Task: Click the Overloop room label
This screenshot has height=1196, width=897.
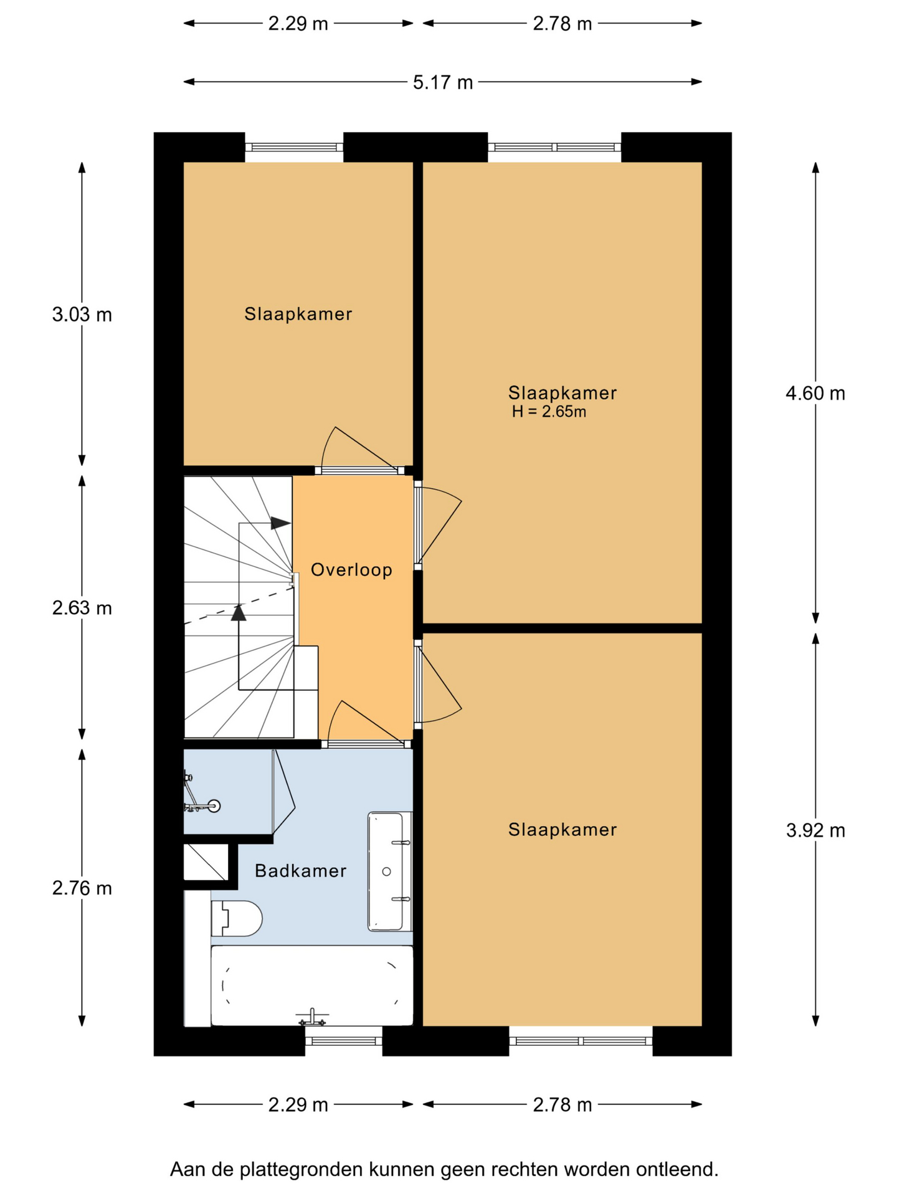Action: point(351,570)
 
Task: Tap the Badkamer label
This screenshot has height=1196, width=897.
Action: point(300,870)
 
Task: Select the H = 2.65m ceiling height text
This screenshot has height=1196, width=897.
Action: point(549,412)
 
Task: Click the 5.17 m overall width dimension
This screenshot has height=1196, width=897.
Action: point(443,82)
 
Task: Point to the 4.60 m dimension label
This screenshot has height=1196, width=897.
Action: point(815,393)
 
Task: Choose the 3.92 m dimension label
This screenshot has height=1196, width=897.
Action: point(815,830)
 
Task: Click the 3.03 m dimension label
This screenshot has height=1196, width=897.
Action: point(82,315)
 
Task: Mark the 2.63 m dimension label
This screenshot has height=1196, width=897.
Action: point(82,608)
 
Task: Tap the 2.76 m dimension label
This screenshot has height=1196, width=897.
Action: point(82,888)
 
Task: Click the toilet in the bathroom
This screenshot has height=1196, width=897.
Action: point(236,918)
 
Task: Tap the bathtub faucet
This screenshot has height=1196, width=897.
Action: point(312,1019)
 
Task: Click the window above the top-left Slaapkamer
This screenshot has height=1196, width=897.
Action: point(294,148)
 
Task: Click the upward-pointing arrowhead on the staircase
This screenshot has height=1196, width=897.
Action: point(239,613)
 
